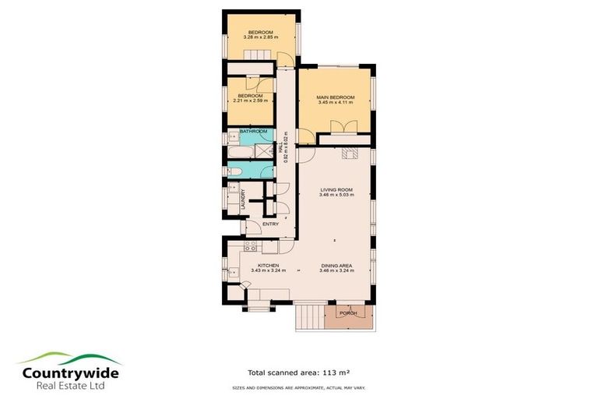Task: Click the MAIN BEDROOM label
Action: (335, 97)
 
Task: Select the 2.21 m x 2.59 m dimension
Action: (250, 101)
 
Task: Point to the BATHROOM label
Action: (253, 131)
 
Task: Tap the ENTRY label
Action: (270, 224)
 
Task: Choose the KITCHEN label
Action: (269, 265)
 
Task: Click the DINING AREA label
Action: (337, 265)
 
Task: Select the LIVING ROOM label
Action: (337, 189)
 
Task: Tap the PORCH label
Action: (348, 313)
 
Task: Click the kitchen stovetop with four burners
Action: (251, 246)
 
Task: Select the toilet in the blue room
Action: (231, 171)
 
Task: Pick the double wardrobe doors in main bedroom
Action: (340, 127)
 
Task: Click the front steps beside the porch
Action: (309, 316)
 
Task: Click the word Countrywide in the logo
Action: (71, 373)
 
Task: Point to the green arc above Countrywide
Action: (71, 358)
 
